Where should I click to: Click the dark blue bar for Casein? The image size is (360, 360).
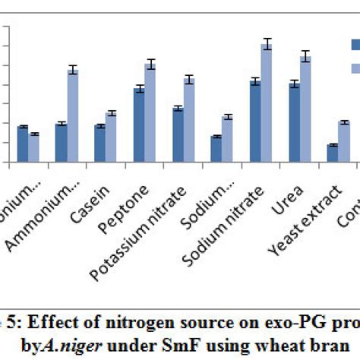click(x=100, y=144)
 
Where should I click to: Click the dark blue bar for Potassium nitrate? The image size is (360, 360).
click(x=178, y=135)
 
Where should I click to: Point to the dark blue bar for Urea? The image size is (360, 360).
click(x=295, y=122)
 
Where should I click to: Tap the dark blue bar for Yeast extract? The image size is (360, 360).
click(x=333, y=153)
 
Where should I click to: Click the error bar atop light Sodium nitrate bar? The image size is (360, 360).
click(x=267, y=44)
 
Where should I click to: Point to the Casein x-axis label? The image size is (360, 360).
click(x=99, y=189)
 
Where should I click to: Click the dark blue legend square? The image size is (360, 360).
click(x=355, y=45)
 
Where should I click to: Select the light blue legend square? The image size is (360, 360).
click(x=355, y=69)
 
